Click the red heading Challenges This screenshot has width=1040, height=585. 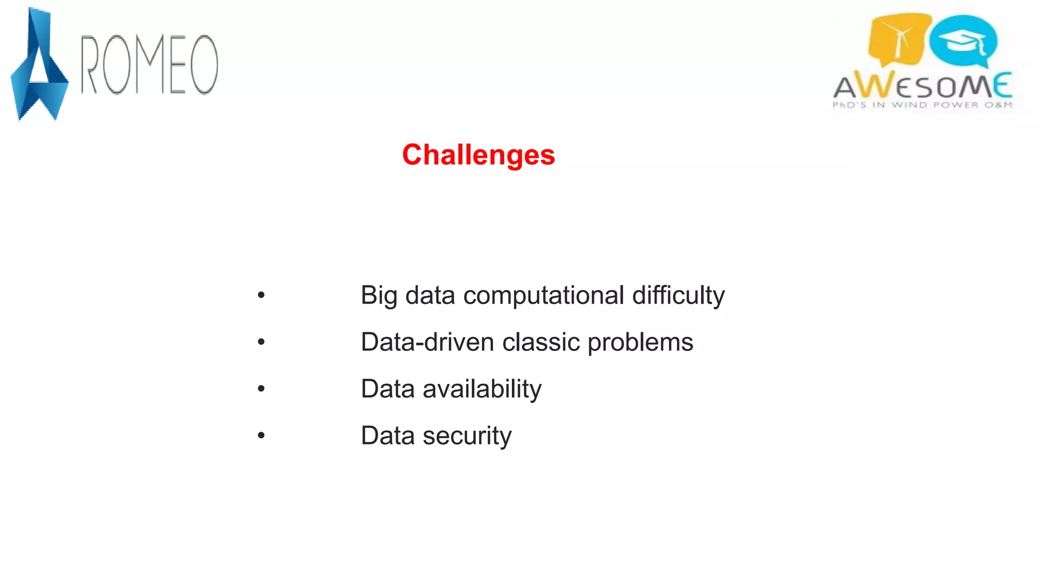[x=478, y=155]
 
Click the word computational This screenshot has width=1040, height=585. [x=543, y=296]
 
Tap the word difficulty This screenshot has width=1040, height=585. [x=678, y=296]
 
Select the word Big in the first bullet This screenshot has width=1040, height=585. [x=378, y=296]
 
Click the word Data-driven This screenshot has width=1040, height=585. [x=427, y=342]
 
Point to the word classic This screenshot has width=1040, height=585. [x=541, y=342]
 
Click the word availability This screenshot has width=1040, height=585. [x=482, y=389]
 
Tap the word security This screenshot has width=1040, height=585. [x=467, y=436]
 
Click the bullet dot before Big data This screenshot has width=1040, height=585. [x=261, y=295]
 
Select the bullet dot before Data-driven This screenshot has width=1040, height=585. [x=261, y=342]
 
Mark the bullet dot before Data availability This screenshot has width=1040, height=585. [x=261, y=388]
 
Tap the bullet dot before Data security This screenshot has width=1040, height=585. [x=261, y=435]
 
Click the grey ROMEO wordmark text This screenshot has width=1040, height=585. [x=150, y=65]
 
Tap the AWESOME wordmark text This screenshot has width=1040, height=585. [x=923, y=86]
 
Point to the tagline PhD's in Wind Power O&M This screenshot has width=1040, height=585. [x=922, y=105]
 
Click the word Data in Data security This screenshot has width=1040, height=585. [x=387, y=436]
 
